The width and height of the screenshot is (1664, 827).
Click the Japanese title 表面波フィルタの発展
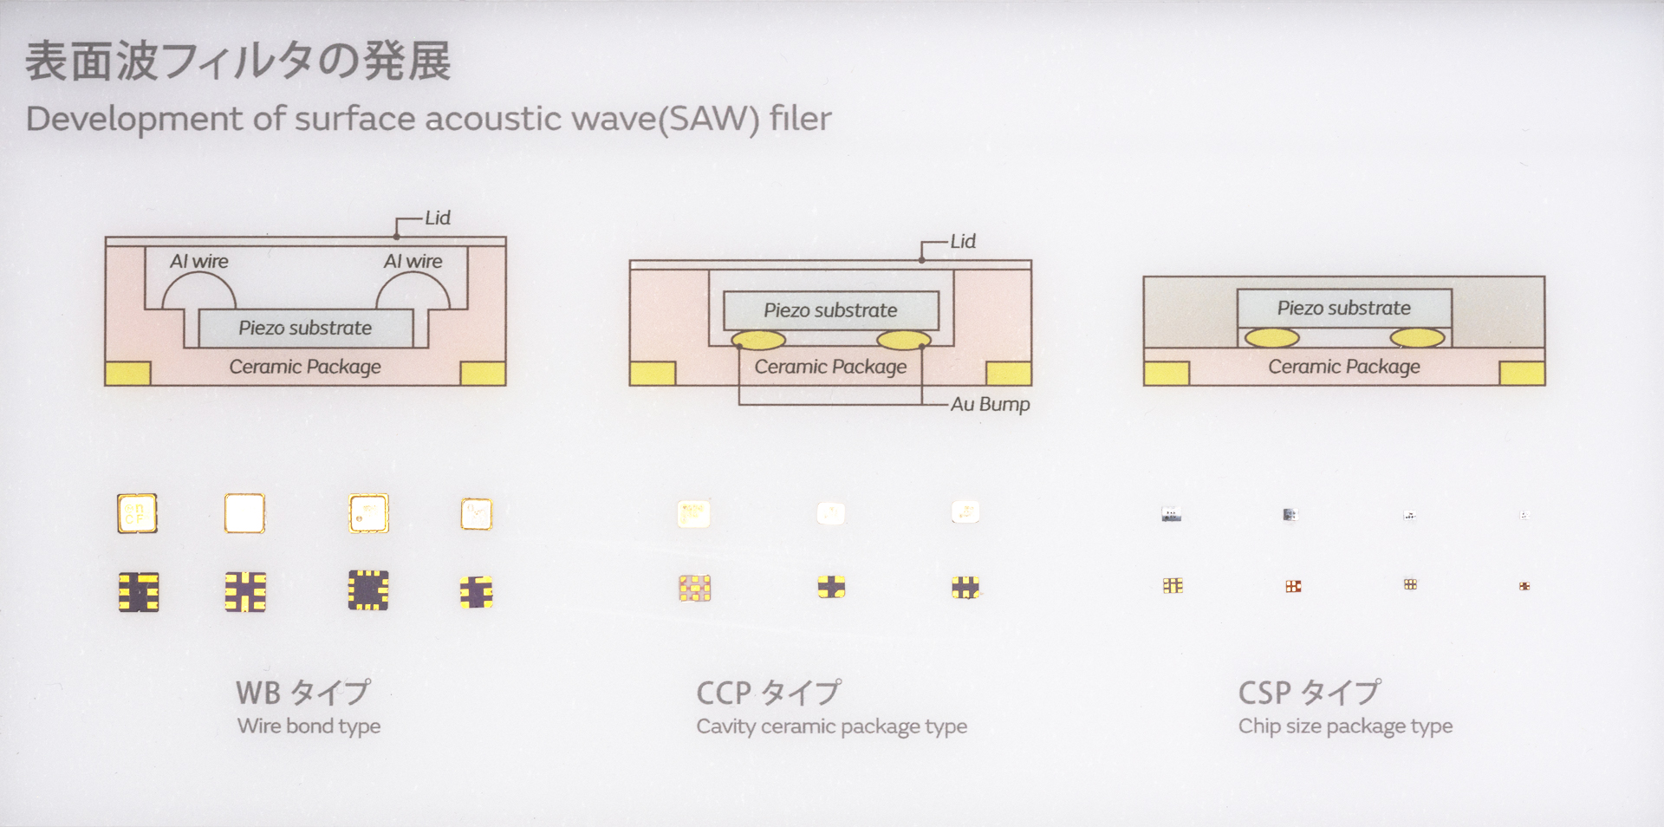pos(237,62)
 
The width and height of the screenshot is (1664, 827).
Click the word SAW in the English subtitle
pos(707,119)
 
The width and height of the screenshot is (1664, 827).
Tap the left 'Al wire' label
pos(198,261)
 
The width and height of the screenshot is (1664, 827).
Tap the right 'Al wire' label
pos(413,261)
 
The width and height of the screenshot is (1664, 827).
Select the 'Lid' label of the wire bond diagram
pos(438,218)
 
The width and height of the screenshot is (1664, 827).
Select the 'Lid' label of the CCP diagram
pos(963,241)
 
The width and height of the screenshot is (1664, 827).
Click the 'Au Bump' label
pos(990,404)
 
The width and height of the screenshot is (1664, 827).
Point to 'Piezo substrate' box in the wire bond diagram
pos(305,328)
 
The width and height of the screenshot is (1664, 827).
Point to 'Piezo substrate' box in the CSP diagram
pos(1343,308)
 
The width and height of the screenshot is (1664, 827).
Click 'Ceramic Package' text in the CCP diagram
pos(830,367)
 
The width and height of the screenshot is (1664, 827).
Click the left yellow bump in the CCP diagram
pos(757,339)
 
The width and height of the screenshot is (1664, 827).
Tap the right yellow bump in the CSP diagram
pos(1417,337)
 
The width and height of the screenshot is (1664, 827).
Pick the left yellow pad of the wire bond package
pos(127,374)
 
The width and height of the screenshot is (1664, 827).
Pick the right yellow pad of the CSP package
pos(1522,374)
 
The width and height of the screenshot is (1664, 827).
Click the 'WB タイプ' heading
pos(303,693)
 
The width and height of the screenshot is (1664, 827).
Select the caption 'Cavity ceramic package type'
pos(831,726)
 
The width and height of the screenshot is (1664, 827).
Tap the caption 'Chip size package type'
pos(1345,726)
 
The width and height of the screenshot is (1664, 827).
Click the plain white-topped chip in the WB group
pos(244,513)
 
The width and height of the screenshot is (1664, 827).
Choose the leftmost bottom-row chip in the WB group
pos(139,592)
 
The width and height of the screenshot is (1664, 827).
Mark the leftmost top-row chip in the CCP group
pos(693,514)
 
